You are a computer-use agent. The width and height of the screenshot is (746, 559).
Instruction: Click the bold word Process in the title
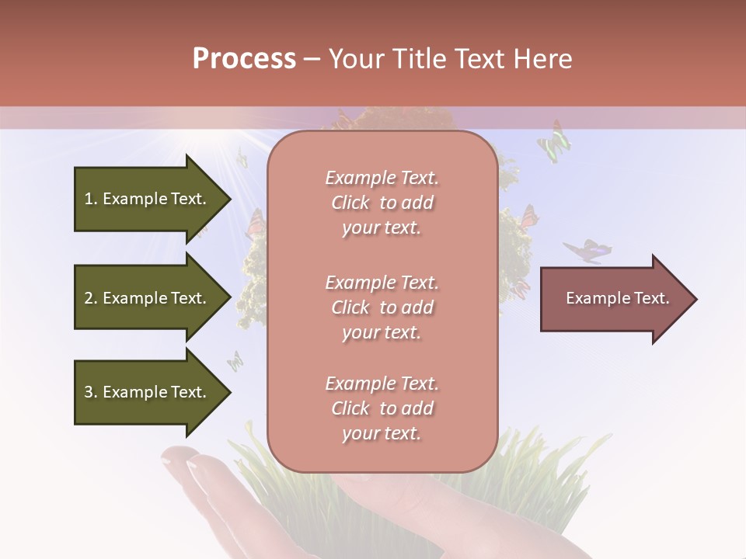[244, 59]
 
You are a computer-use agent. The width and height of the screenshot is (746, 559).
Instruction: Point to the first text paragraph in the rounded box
[382, 203]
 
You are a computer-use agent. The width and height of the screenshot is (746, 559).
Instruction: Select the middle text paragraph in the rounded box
[382, 307]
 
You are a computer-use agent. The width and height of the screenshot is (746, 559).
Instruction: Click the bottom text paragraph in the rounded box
[382, 408]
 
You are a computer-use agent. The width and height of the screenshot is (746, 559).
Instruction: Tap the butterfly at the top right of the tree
[554, 142]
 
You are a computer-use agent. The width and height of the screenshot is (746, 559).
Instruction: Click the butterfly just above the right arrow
[587, 251]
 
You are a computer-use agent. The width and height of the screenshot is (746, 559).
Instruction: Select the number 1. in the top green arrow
[91, 199]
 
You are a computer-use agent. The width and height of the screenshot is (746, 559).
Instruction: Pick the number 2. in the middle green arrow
[91, 298]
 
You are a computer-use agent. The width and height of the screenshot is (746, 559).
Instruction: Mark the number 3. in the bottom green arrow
[91, 392]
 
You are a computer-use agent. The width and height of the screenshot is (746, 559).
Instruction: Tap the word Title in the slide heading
[420, 59]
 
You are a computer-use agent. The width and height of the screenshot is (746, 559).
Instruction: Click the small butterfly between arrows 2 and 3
[234, 360]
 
